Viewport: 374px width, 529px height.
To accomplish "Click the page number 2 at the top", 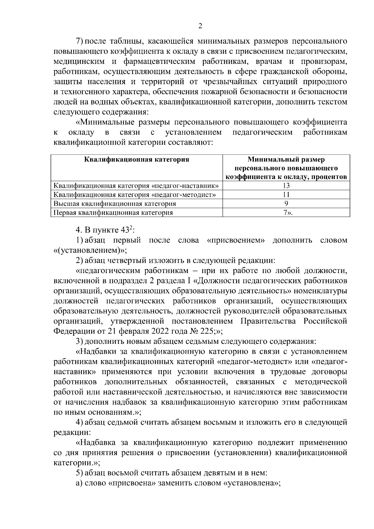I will tap(200, 26).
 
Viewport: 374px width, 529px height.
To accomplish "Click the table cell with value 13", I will tap(286, 186).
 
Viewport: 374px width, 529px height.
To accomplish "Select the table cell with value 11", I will tap(286, 195).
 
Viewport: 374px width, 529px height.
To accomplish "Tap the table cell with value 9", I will tap(286, 204).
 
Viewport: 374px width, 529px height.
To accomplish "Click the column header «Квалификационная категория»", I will tap(137, 160).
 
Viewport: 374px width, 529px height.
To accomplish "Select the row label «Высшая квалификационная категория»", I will tap(115, 204).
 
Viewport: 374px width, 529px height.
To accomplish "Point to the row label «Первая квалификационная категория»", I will tap(113, 213).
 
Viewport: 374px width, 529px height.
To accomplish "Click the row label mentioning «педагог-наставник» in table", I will tap(136, 186).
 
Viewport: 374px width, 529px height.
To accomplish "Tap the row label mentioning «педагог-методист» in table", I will tap(135, 195).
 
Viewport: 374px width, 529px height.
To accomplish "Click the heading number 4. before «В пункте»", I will tap(79, 231).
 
